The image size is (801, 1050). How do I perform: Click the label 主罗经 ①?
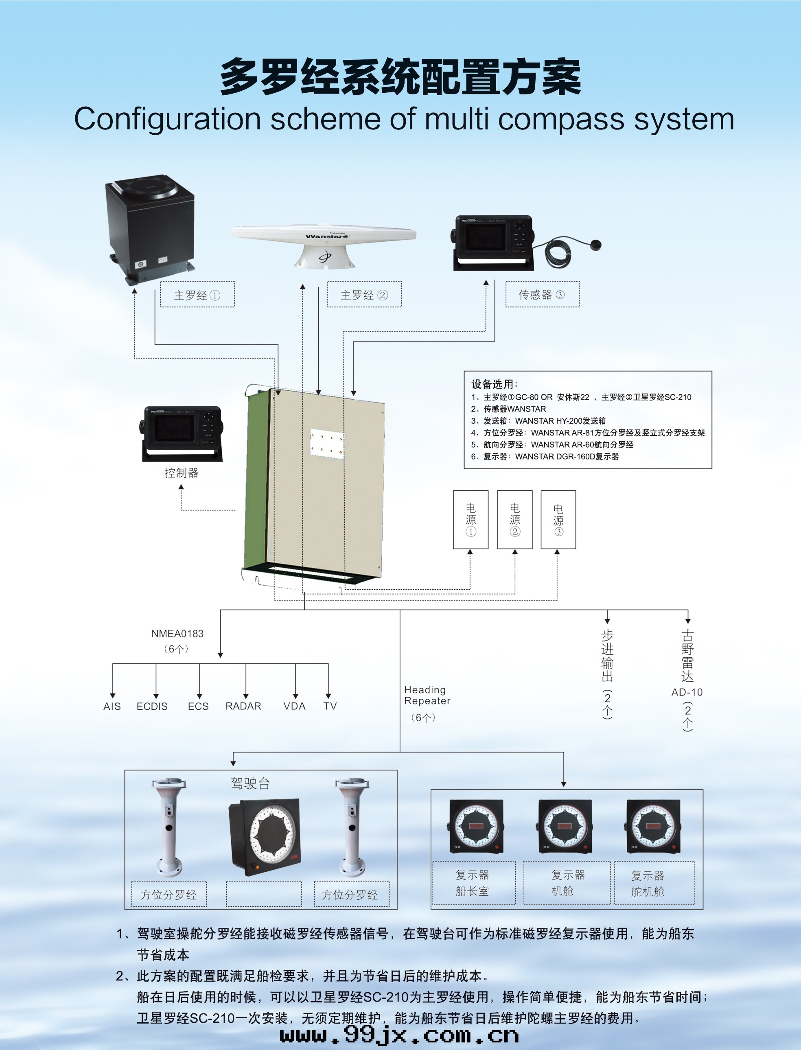coord(197,295)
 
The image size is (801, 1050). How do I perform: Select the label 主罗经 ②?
coord(364,295)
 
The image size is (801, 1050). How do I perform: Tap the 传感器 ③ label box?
coord(542,295)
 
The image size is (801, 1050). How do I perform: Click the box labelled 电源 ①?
coord(471,520)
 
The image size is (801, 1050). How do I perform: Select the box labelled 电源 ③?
coord(558,520)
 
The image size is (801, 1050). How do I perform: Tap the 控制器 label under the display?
coord(181,473)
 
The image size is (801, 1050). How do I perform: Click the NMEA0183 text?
coord(177,633)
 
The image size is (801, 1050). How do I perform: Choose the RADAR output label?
coord(243,706)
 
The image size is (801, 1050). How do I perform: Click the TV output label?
coord(330,706)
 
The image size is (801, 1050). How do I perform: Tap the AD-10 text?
coord(687,692)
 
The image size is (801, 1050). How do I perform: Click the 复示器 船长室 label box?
coord(473,883)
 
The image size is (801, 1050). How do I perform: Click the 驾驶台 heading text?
coord(250,783)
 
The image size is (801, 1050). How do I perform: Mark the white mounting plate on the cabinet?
coord(327,444)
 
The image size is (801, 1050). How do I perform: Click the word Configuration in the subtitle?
coord(167,119)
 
